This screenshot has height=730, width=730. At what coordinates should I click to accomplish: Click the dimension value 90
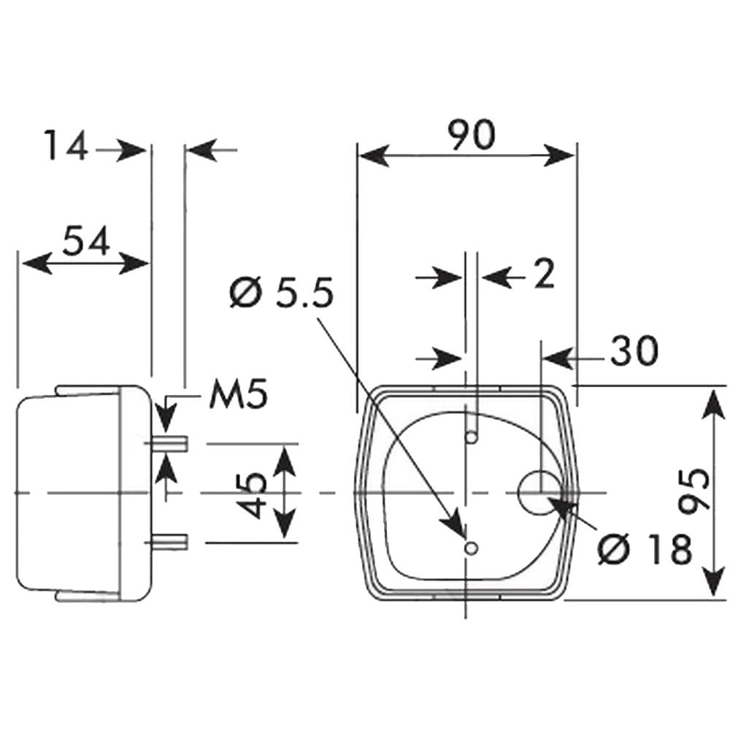tap(471, 135)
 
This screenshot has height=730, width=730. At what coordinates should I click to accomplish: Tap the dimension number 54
tap(86, 241)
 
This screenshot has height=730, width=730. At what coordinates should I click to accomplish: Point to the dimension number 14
tap(66, 145)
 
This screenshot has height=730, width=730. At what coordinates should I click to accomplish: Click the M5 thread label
tap(239, 394)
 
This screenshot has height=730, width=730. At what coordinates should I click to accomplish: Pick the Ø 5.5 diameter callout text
tap(282, 293)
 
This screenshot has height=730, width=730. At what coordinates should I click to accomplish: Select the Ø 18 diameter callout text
tap(645, 550)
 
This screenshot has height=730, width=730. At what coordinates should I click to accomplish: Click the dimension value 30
tap(634, 350)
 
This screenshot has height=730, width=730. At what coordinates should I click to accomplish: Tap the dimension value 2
tap(545, 274)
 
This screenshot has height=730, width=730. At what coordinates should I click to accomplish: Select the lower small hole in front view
tap(472, 548)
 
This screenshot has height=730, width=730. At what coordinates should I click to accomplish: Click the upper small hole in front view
tap(472, 437)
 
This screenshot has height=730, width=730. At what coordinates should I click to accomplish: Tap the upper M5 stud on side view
tap(169, 444)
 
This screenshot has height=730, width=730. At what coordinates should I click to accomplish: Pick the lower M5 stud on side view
tap(169, 541)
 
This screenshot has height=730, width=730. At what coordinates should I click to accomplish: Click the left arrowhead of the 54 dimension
tap(36, 264)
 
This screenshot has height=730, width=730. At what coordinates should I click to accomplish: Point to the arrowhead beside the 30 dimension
tap(557, 358)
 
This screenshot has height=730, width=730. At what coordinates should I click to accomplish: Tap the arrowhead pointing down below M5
tap(166, 417)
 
